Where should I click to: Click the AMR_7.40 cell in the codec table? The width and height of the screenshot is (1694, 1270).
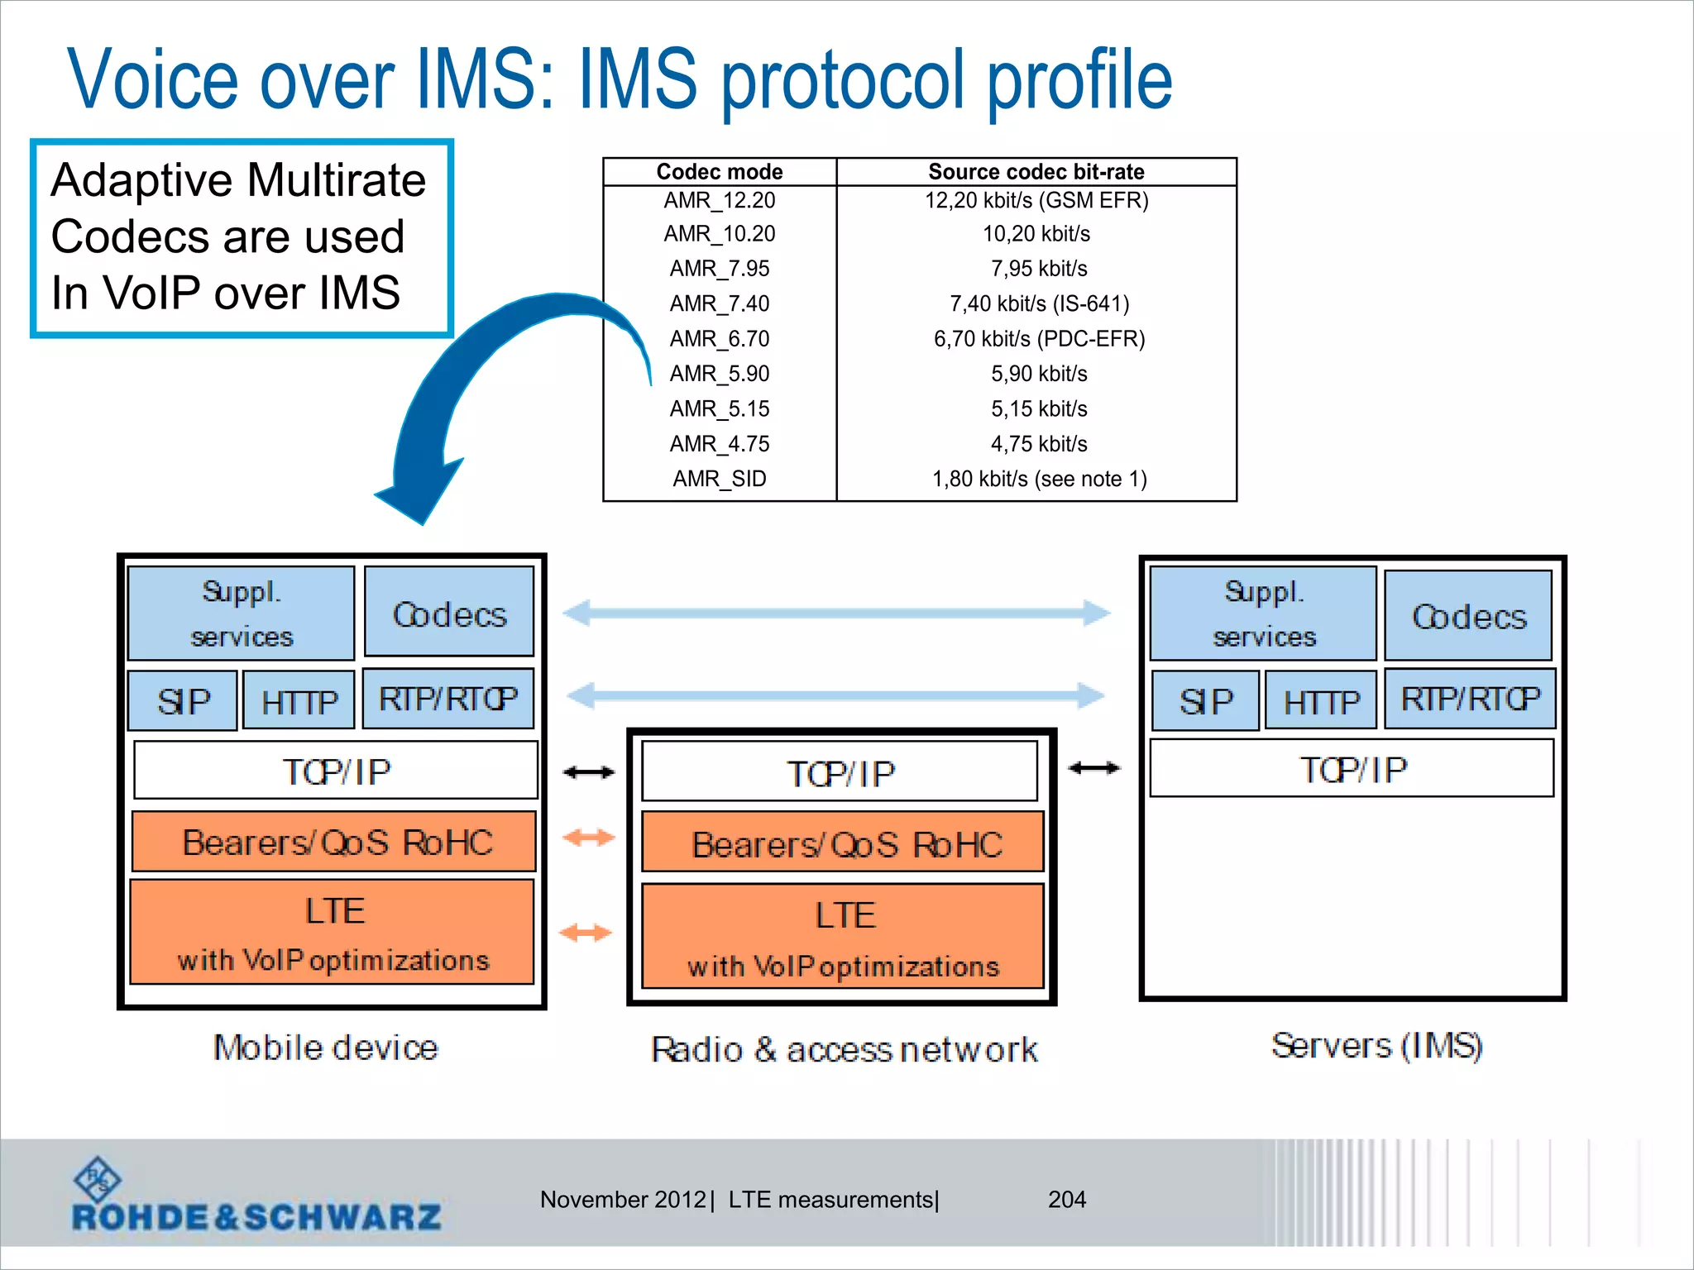click(719, 303)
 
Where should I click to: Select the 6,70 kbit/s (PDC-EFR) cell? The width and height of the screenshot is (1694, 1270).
click(1039, 339)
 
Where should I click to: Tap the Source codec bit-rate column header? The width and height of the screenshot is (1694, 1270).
click(1036, 171)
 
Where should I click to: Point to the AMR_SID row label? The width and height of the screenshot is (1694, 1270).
click(719, 479)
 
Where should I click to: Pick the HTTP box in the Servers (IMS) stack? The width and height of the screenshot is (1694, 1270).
click(1320, 701)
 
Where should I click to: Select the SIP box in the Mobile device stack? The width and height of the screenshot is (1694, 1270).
click(183, 701)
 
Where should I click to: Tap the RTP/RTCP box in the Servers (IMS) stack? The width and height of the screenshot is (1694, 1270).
click(1469, 699)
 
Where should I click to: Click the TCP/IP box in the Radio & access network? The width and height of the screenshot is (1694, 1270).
click(840, 772)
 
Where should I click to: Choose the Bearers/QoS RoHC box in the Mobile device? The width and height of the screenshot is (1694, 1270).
click(334, 842)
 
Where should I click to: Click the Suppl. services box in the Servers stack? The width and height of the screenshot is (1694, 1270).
click(1263, 614)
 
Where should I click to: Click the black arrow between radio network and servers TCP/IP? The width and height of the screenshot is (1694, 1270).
click(1093, 768)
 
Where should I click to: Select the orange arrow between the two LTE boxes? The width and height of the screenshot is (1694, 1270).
click(586, 933)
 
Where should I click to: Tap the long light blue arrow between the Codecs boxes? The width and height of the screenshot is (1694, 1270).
click(835, 613)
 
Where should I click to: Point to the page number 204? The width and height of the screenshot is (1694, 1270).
click(1066, 1199)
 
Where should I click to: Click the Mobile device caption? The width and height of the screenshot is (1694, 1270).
click(326, 1048)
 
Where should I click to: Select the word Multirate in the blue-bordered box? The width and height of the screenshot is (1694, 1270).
click(336, 180)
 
